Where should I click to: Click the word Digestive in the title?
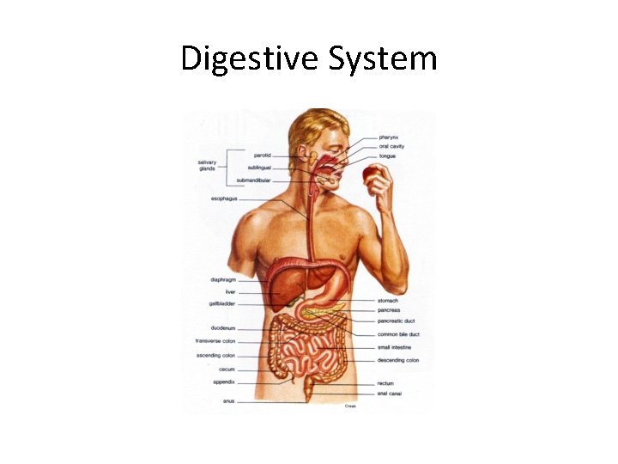[250, 58]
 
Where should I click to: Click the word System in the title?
[383, 58]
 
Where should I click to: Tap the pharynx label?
[390, 137]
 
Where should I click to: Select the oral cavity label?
[392, 147]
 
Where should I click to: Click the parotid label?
[262, 156]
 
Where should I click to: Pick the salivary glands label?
[207, 165]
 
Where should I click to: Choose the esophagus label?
[224, 198]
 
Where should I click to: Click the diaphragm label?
[223, 279]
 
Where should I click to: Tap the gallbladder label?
[221, 303]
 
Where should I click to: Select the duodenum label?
[223, 327]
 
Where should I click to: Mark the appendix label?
[225, 382]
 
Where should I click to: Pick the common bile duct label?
[398, 334]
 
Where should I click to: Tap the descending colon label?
[398, 360]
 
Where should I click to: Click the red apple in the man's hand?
[373, 175]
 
